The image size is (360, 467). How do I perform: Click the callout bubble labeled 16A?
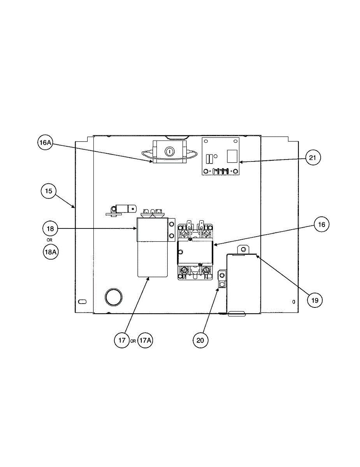point(45,142)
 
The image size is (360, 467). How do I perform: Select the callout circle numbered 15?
point(49,191)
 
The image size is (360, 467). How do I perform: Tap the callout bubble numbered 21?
point(313,158)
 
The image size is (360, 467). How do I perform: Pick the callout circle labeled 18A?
point(51,252)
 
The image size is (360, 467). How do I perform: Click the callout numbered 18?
point(50,228)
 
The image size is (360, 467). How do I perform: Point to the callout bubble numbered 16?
point(321,225)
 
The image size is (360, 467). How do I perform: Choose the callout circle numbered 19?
point(314,300)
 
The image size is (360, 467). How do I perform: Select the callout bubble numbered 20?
point(200,340)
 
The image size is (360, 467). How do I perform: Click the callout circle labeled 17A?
point(145,340)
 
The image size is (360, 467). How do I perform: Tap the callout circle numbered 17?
point(122,340)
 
